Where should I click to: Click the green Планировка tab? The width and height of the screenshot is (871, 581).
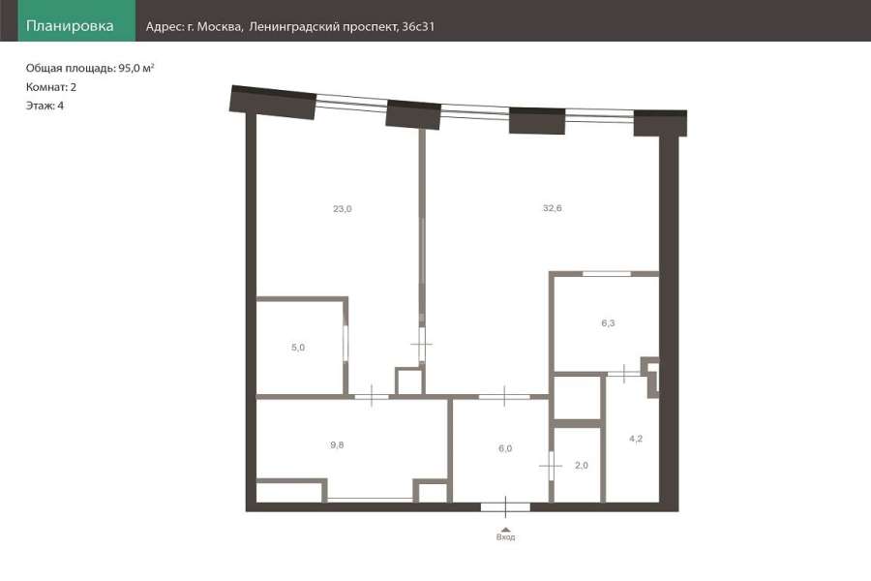click(x=76, y=20)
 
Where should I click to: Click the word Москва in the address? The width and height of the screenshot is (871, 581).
click(x=220, y=27)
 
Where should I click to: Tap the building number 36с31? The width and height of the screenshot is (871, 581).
click(x=418, y=27)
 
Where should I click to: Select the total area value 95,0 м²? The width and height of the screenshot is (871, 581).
click(x=136, y=68)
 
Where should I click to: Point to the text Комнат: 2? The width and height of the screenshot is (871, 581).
click(x=51, y=87)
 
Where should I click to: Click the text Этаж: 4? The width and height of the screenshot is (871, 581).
click(x=45, y=106)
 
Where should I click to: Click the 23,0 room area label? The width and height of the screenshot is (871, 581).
click(x=343, y=209)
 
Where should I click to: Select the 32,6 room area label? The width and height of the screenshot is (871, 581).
click(x=553, y=208)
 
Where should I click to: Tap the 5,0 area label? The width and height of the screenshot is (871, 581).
click(x=298, y=348)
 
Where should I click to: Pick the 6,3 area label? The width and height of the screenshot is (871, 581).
click(x=608, y=323)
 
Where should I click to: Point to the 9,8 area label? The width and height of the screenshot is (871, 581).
click(x=337, y=444)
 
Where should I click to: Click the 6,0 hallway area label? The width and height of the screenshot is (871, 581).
click(x=505, y=448)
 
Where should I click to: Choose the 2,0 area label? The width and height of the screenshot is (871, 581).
click(x=581, y=466)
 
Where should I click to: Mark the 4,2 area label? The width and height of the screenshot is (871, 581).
click(x=636, y=439)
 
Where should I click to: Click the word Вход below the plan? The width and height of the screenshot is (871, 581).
click(x=505, y=537)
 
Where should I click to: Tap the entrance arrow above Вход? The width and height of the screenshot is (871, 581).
click(x=505, y=530)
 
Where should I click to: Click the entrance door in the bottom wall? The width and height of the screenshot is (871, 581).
click(x=505, y=507)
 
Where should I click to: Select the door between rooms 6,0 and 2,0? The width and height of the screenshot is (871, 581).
click(x=551, y=466)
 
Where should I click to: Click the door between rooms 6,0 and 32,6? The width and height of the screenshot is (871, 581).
click(x=504, y=396)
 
